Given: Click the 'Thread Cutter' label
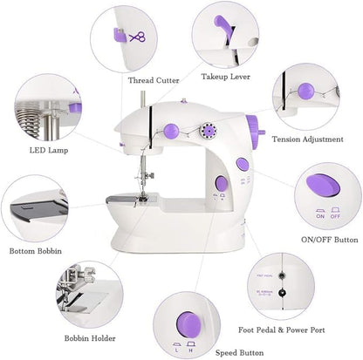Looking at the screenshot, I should coord(154,80).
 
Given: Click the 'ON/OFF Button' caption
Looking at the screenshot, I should coord(329,239).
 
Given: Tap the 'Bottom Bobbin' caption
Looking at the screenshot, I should coord(34,251).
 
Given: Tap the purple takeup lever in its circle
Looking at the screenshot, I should coord(215,20).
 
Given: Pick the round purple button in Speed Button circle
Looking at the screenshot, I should coord(187,321).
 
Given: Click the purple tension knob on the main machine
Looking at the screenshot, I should coord(172,130).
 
